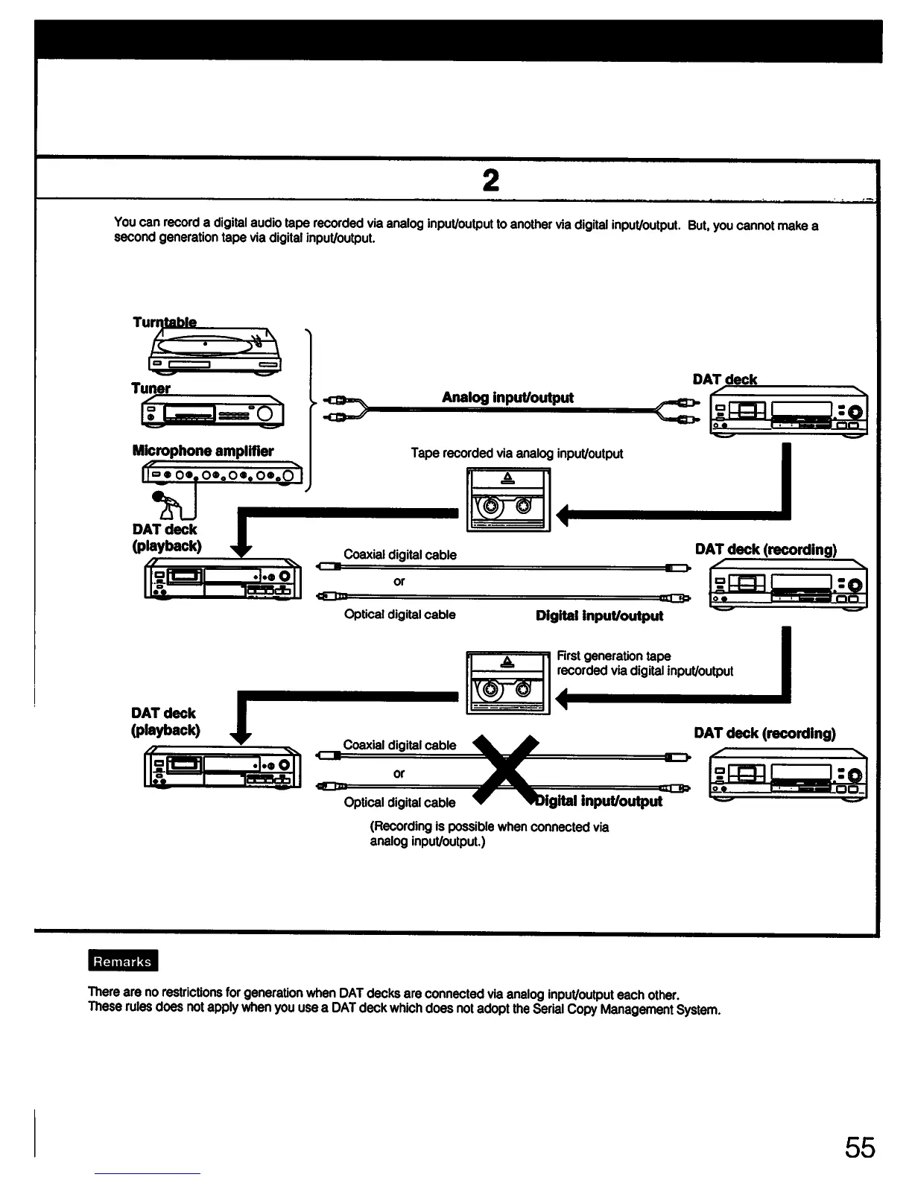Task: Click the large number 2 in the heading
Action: tap(490, 180)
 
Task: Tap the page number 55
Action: tap(860, 1147)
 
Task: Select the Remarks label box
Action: tap(122, 962)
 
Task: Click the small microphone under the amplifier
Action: tap(165, 504)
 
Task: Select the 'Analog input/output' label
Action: tap(507, 397)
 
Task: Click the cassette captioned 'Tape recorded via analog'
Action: tap(507, 499)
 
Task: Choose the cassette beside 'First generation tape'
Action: tap(507, 682)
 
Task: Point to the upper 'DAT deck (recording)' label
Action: tap(765, 550)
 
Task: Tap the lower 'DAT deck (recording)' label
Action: tap(764, 733)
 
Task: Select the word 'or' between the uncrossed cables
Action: tap(399, 581)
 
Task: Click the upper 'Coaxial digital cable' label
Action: tap(399, 555)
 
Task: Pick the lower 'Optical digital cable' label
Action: tap(399, 802)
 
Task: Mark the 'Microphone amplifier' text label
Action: tap(203, 451)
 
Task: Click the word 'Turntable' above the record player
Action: tap(165, 323)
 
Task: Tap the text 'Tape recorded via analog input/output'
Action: tap(516, 453)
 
